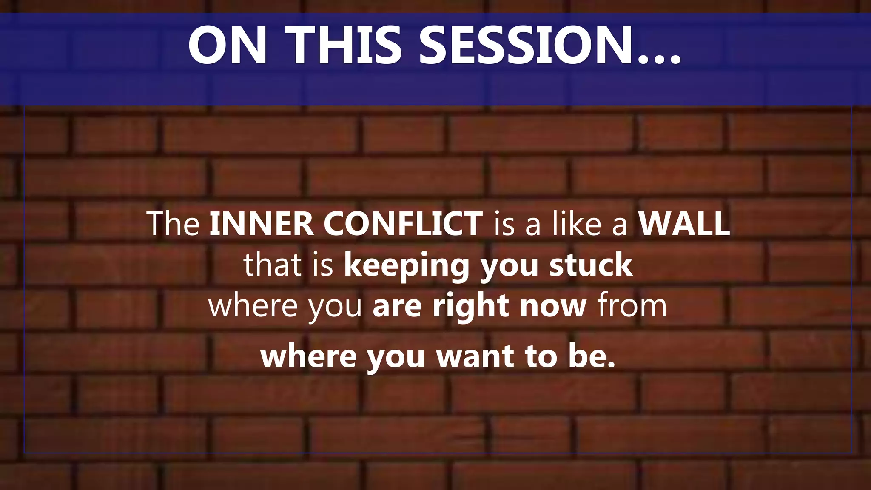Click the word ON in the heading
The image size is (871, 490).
coord(228,46)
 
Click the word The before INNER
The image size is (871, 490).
coord(173,224)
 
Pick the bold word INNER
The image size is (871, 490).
coord(262,224)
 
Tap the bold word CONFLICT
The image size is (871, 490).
coord(403,224)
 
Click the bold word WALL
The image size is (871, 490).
coord(684,224)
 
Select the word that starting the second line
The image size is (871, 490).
coord(273,265)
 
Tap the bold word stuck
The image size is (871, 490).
coord(591,265)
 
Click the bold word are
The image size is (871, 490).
coord(397,306)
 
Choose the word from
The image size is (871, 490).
coord(632,306)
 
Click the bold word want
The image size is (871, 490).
coord(475,356)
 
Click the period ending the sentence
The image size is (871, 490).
coord(612,365)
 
